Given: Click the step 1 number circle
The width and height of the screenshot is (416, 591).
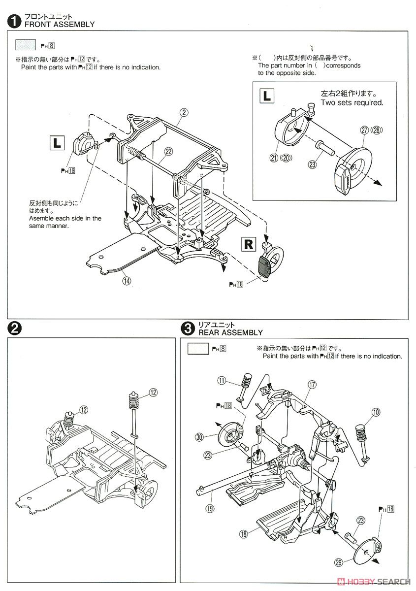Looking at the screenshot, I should click(15, 21).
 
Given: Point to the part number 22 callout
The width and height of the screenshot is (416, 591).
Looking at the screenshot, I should click(168, 152).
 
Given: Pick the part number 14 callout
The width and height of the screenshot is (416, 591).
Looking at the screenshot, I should click(127, 281).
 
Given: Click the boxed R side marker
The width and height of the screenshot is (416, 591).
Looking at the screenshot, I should click(249, 244).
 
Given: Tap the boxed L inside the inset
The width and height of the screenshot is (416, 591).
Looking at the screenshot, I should click(267, 95).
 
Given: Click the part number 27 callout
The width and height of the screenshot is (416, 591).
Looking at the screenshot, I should click(365, 130).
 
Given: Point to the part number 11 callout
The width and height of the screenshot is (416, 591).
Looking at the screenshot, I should click(222, 380).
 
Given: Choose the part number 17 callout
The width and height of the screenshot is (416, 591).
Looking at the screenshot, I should click(312, 385).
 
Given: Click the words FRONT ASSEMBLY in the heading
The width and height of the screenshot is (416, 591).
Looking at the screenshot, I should click(59, 24).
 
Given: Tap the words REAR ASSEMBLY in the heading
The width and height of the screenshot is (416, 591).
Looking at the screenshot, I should click(230, 332).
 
